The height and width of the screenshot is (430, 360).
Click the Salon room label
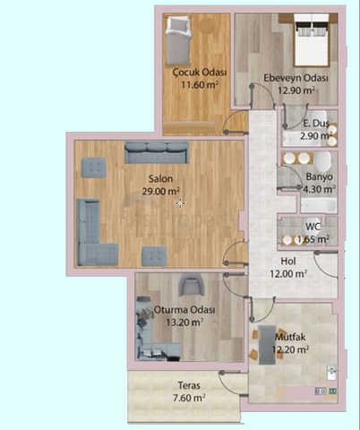(x=160, y=179)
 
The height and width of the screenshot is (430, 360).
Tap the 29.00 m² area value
(x=160, y=191)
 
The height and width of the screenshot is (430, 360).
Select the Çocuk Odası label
(x=200, y=73)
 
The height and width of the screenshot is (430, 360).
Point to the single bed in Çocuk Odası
(x=178, y=40)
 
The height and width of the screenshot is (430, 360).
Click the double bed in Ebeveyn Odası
(x=312, y=40)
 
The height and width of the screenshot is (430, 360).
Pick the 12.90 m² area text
(x=296, y=90)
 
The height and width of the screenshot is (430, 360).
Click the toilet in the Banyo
(x=322, y=161)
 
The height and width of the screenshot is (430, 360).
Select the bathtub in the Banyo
(x=319, y=205)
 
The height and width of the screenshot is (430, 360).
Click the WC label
(x=313, y=227)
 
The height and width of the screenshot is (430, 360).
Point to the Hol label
(x=288, y=262)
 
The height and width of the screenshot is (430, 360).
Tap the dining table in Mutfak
(x=267, y=345)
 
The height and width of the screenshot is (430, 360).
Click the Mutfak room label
(x=290, y=337)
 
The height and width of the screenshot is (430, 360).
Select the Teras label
(x=189, y=385)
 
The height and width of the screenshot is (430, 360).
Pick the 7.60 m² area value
(x=189, y=398)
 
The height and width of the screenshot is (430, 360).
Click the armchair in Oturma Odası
(x=191, y=286)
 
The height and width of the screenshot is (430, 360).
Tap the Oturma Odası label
(x=184, y=310)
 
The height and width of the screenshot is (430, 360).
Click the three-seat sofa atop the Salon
(x=157, y=152)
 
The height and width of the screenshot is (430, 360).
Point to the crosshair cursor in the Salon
(x=180, y=203)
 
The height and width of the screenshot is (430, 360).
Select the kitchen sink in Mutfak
(x=331, y=372)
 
